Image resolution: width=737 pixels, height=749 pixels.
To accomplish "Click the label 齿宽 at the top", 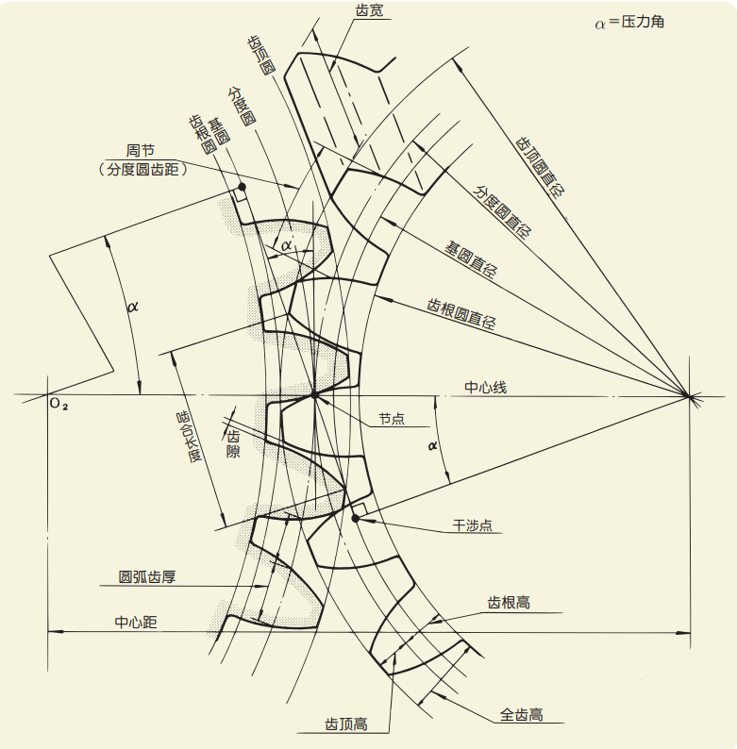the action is pos(369,10).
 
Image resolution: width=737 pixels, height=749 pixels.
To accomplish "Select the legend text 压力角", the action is pos(643,22).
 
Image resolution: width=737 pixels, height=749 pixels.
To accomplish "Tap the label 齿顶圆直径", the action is pos(540,167).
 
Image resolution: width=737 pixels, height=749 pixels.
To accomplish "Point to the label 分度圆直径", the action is pos(502,211).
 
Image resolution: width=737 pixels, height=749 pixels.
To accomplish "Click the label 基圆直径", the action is pos(471,259).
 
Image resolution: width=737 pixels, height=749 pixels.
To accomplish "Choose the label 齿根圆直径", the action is pos(461,314).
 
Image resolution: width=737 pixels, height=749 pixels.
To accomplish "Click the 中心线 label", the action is pos(486,387).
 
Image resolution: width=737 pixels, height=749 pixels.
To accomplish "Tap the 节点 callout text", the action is pos(392,419).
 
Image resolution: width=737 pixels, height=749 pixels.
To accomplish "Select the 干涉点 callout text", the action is pos(472,525).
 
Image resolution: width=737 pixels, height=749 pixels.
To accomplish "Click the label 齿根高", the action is pos(509,603).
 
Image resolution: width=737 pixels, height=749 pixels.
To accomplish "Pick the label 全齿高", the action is pos(522,715).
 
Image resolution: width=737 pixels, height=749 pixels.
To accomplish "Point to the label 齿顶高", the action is pos(346,724).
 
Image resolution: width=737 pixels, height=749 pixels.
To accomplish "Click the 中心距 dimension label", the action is pos(136,622).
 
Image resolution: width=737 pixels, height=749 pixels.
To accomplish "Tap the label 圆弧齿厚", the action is pos(147,576).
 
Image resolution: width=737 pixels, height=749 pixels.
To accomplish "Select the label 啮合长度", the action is pos(189,437).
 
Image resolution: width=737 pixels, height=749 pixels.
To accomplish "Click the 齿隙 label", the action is pos(233,443).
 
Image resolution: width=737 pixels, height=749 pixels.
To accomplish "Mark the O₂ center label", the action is pos(59,404).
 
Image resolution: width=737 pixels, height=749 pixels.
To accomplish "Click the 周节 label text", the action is pos(140,151).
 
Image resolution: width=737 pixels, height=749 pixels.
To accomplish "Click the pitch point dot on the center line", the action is pos(314,395).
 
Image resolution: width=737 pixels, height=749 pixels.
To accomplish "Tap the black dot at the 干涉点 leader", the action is pos(356,518).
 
